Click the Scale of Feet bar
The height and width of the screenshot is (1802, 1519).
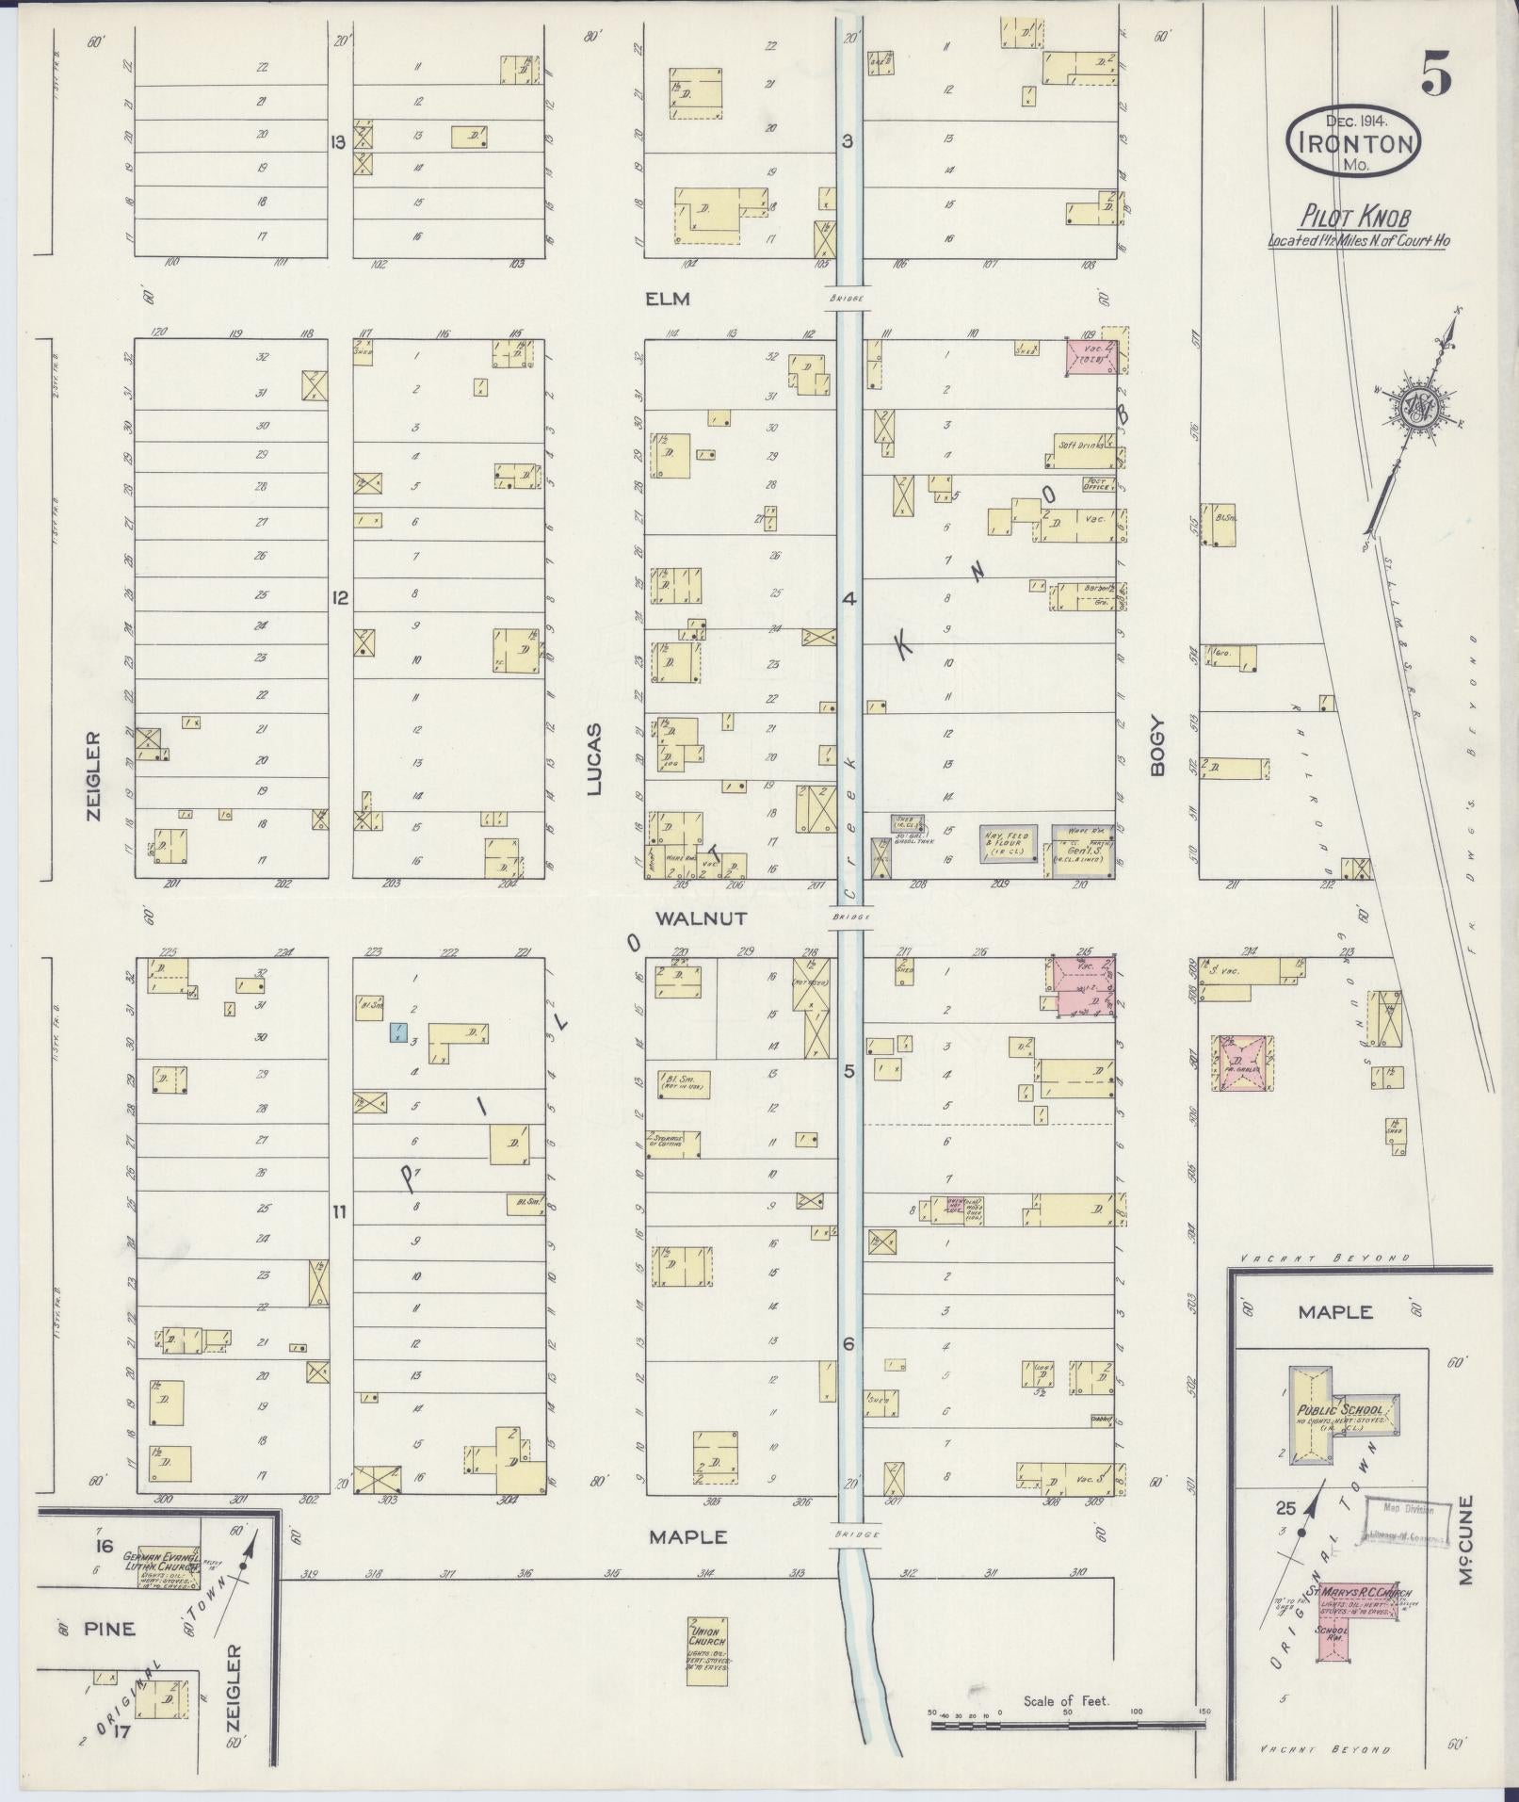[x=1067, y=1726]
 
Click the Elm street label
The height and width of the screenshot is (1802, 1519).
[x=668, y=300]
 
